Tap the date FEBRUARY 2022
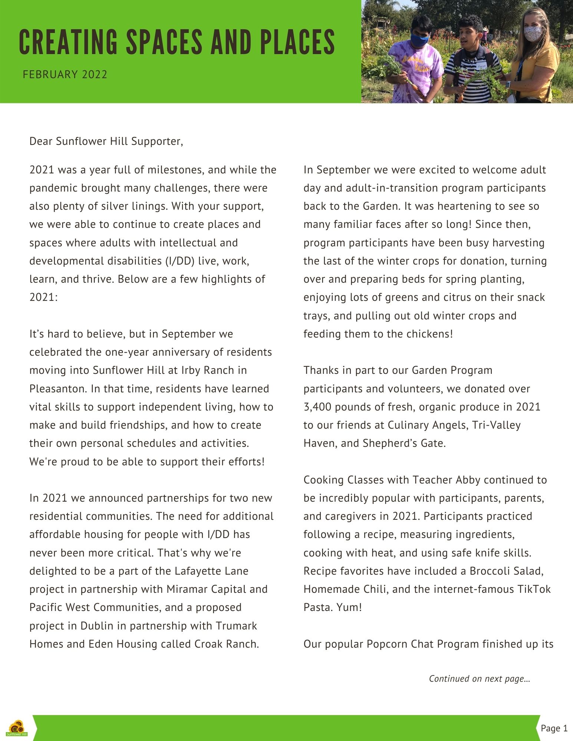tap(65, 75)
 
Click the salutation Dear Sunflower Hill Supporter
tap(106, 142)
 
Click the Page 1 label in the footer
tap(554, 728)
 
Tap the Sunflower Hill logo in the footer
tap(17, 728)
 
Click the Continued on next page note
tap(479, 679)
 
